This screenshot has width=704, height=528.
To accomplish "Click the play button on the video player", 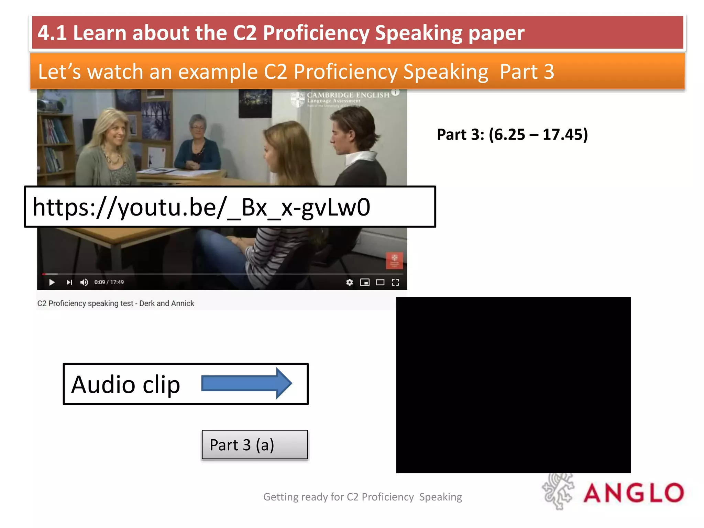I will tap(52, 283).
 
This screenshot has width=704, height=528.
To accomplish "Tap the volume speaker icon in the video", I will tap(84, 283).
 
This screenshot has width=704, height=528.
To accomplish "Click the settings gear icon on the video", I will tap(350, 283).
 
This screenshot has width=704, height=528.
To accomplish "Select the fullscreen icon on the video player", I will tap(395, 283).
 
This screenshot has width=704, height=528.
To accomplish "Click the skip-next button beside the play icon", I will tap(69, 283).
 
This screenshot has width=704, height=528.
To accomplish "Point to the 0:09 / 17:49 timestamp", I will tap(109, 282).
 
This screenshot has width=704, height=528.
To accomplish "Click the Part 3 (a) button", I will tap(255, 445).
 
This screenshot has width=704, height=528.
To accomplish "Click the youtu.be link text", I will tap(201, 207).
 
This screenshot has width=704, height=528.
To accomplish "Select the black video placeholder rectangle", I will tap(513, 385).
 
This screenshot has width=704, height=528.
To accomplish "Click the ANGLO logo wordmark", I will tap(634, 493).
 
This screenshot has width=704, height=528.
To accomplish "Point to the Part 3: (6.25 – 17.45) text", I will tap(512, 134).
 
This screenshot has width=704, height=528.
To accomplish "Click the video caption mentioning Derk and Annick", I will tap(116, 304).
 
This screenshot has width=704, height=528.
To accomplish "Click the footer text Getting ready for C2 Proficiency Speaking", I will tap(362, 497).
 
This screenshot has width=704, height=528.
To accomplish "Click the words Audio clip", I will tap(125, 384).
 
